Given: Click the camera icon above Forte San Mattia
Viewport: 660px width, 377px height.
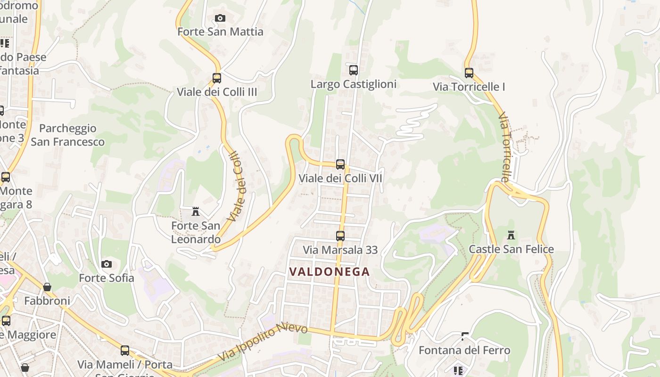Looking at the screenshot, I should point(220,18).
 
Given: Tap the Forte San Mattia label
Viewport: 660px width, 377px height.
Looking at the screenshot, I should point(220,32).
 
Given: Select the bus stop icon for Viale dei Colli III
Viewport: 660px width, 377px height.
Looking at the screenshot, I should point(217,78).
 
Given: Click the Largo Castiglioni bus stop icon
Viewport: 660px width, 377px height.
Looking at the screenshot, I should point(354,70).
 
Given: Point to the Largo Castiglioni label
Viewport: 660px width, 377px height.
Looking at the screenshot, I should point(354,84).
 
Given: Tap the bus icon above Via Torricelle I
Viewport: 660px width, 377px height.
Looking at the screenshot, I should point(469,73).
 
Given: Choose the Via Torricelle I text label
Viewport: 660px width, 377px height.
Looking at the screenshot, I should point(469,87).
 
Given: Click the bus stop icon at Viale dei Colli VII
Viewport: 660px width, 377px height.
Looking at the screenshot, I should point(340,164).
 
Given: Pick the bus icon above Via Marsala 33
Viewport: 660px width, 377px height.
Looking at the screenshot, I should point(340,236).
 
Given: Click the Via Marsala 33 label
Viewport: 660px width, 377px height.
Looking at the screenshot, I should point(340,250).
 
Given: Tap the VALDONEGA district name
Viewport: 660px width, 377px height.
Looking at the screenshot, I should point(330,272).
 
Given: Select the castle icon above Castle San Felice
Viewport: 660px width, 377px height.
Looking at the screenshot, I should point(511,235).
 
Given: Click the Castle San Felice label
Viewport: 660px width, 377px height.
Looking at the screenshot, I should point(511,249).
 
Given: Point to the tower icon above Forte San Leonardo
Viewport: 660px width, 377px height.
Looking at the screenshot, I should point(196,212).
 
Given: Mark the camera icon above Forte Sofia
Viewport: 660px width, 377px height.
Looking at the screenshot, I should point(107,264).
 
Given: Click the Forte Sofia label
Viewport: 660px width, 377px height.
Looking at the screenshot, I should point(107,278).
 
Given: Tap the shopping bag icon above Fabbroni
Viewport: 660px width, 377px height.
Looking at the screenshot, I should point(47,287).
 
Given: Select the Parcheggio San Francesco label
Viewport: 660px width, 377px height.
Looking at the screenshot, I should point(67,135).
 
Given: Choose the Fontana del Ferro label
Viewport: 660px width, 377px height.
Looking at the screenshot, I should point(464,351).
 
